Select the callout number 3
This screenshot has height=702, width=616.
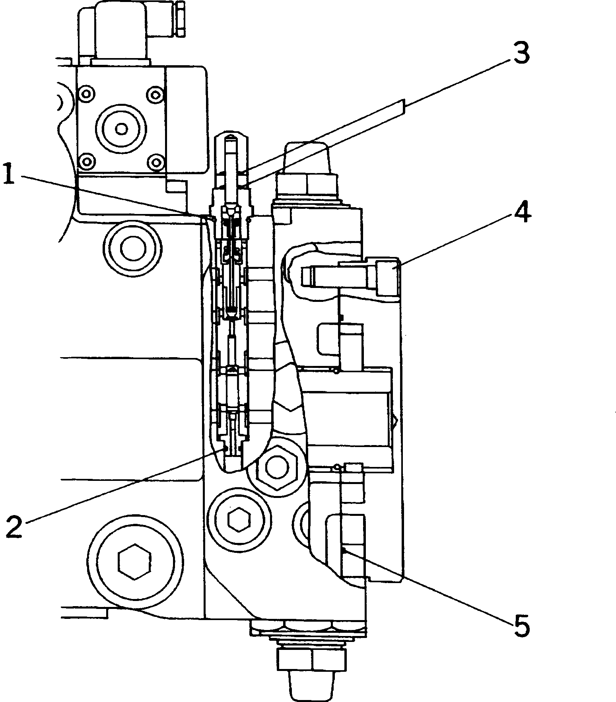coord(521,54)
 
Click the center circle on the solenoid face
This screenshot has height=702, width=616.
coord(121,128)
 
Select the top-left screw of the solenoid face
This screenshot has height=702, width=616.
coord(86,95)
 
